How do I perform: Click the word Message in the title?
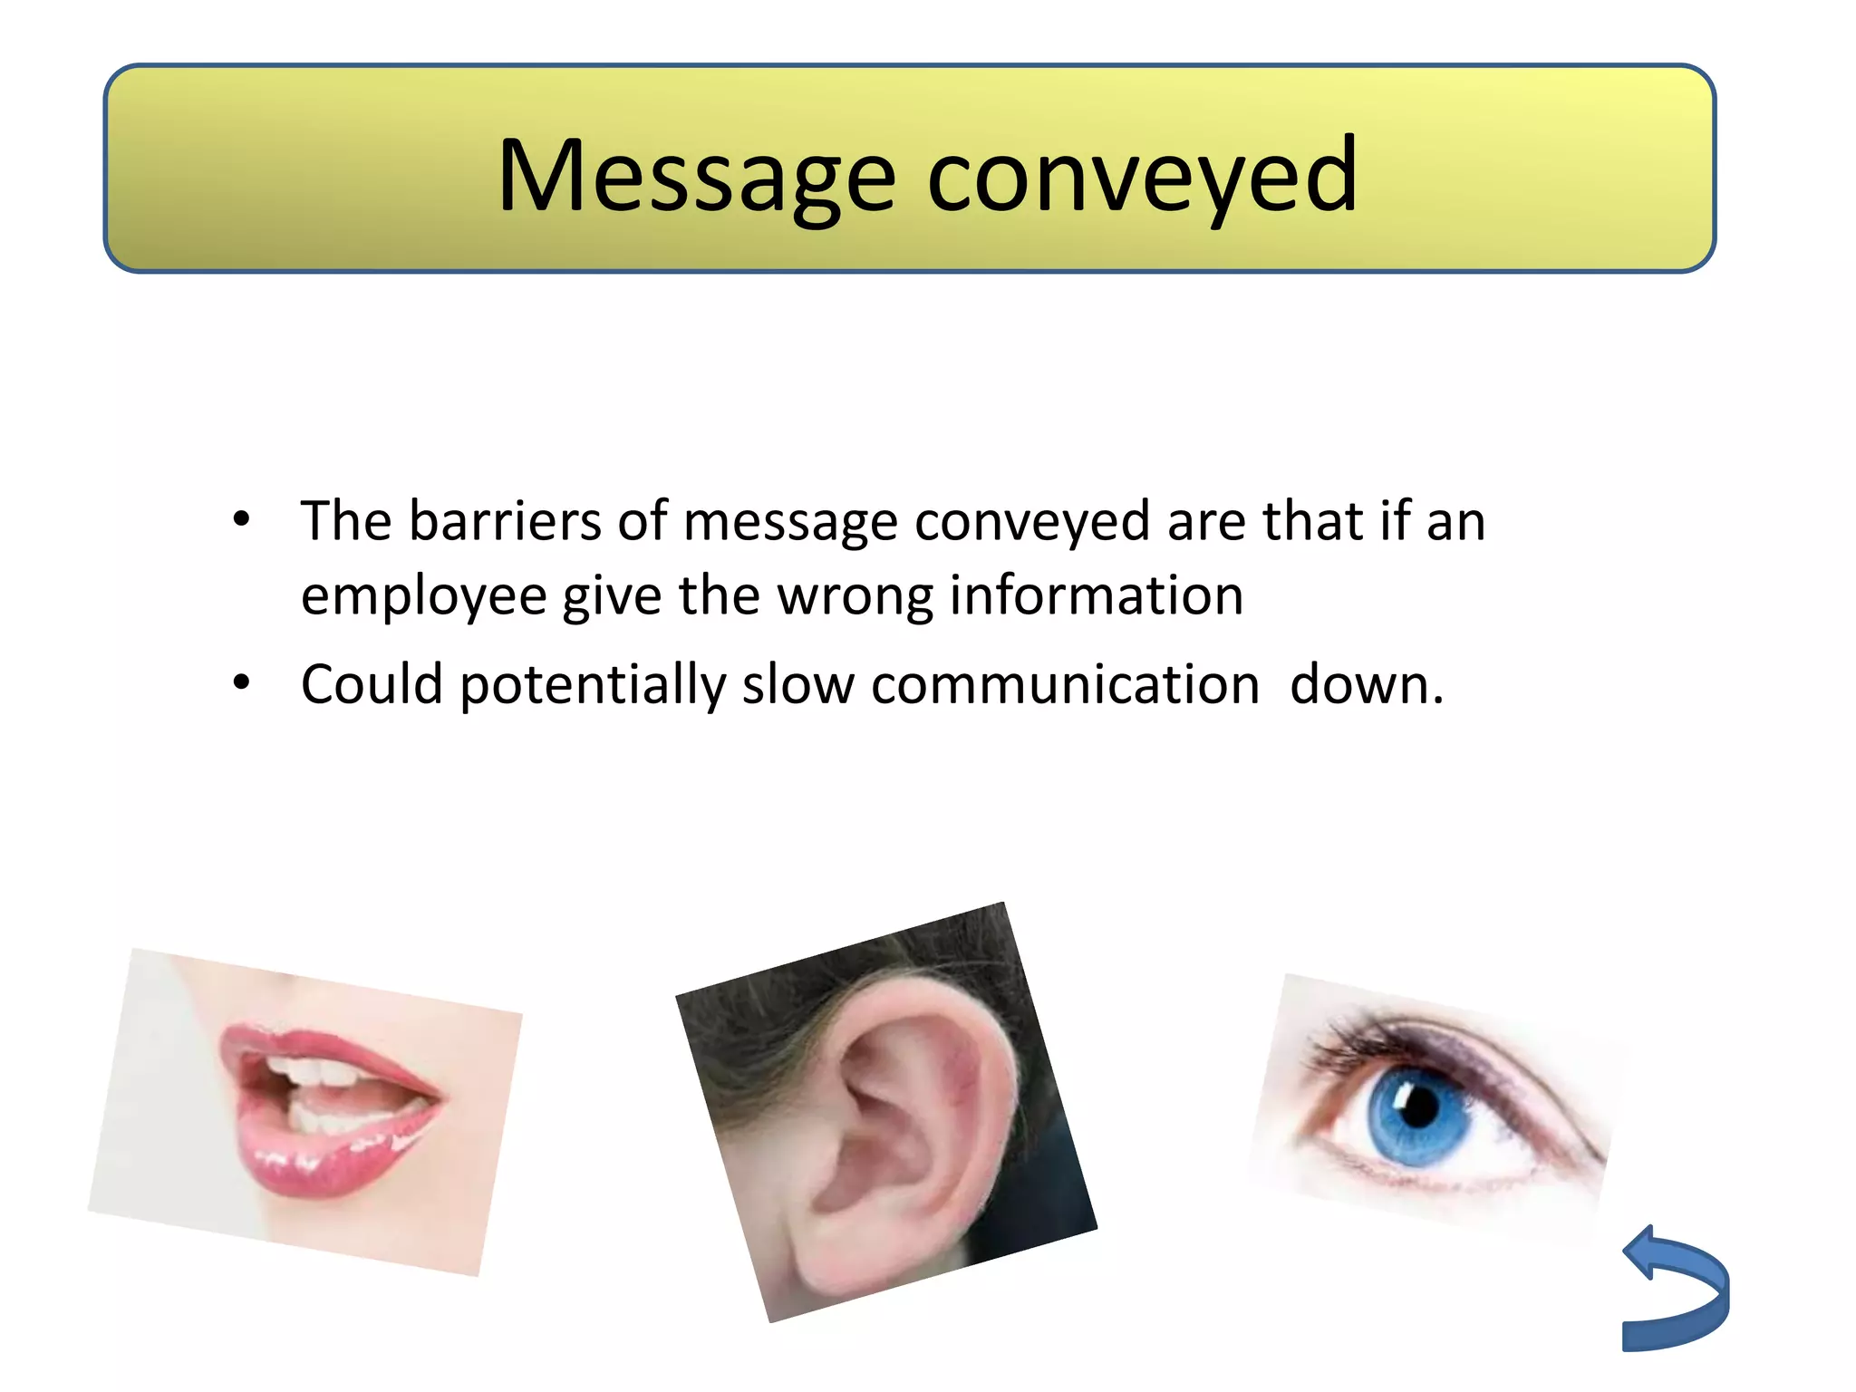(x=696, y=177)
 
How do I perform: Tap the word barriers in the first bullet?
(x=505, y=522)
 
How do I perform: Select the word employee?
(x=423, y=597)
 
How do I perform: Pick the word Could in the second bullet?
(x=372, y=684)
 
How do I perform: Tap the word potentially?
(x=593, y=686)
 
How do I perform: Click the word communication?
(x=1065, y=684)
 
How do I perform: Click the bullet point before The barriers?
(x=241, y=520)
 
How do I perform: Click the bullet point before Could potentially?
(x=241, y=682)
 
